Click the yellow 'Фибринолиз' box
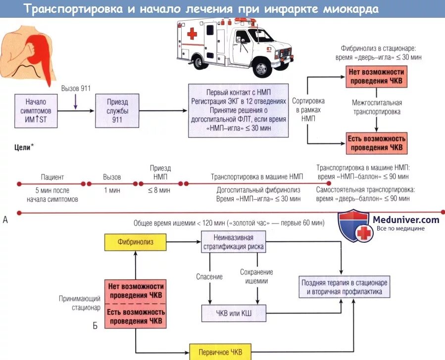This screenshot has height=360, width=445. coord(135,242)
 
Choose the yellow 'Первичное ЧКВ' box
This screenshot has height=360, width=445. coord(220,352)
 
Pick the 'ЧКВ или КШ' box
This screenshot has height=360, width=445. coord(233,313)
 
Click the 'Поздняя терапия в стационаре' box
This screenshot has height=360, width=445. coord(344,287)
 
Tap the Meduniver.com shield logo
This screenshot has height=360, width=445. coord(354,225)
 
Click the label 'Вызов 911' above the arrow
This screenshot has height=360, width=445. coord(76,89)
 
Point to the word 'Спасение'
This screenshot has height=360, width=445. coord(209,276)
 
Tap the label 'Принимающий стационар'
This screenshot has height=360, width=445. coord(80,303)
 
